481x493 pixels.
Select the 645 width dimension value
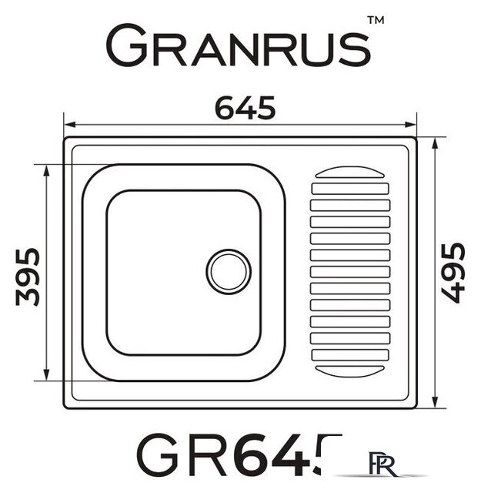click(244, 109)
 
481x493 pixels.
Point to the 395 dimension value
click(28, 275)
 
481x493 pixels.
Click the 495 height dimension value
click(453, 273)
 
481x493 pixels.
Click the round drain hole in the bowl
click(229, 271)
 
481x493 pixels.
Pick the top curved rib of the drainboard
click(350, 173)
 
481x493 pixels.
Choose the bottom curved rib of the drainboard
click(350, 371)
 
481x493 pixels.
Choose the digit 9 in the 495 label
click(453, 273)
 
